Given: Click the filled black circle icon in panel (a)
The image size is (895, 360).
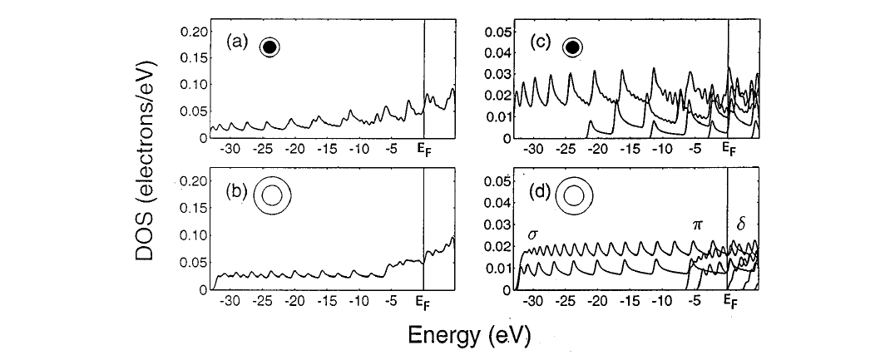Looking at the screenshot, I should click(269, 47).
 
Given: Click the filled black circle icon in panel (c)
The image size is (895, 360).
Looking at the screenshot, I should click(572, 47).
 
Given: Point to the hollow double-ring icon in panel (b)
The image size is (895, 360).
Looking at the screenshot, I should click(271, 195).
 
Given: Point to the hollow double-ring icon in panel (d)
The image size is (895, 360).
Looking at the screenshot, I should click(574, 195).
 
